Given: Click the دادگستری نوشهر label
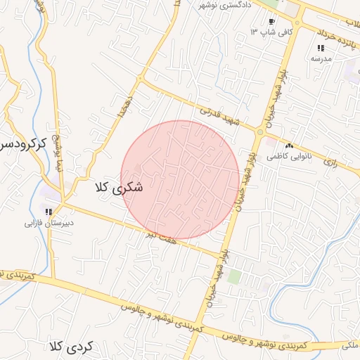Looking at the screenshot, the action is pyautogui.click(x=227, y=5).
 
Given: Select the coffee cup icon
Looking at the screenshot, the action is pyautogui.click(x=271, y=22).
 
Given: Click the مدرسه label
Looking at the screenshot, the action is pyautogui.click(x=321, y=59).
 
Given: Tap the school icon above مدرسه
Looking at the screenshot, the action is pyautogui.click(x=321, y=49).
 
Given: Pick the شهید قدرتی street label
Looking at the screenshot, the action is pyautogui.click(x=219, y=115).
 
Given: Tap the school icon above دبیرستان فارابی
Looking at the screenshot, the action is pyautogui.click(x=49, y=212).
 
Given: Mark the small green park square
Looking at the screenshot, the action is pyautogui.click(x=234, y=276).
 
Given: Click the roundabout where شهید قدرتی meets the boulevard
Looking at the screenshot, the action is pyautogui.click(x=260, y=131).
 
